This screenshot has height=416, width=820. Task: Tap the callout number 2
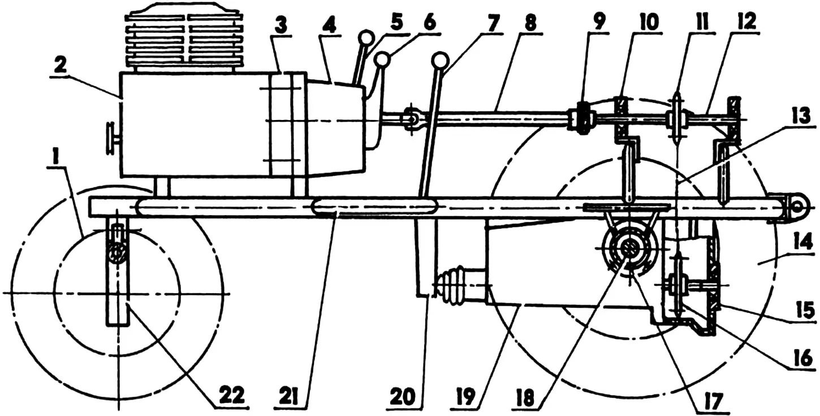(61, 66)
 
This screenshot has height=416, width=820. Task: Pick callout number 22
(233, 395)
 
